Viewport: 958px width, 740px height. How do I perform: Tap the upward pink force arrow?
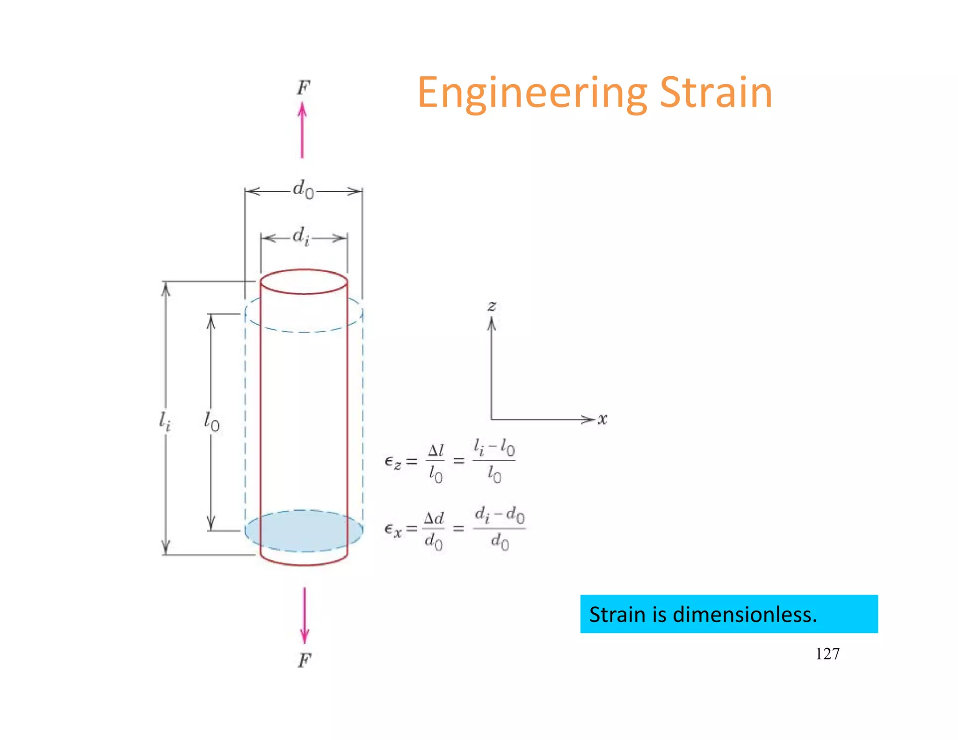click(x=302, y=131)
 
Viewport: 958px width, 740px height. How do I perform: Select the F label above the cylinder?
click(x=303, y=87)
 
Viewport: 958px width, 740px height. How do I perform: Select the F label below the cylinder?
click(x=304, y=660)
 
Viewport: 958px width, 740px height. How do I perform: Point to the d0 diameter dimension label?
click(x=303, y=189)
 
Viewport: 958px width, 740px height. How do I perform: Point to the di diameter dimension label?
click(x=301, y=236)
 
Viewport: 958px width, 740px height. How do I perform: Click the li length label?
click(x=165, y=421)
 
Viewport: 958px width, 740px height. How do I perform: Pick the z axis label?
click(x=492, y=306)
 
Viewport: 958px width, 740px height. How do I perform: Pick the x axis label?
click(x=602, y=419)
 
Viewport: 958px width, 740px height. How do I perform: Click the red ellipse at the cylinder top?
click(x=304, y=282)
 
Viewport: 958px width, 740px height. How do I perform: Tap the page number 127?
click(x=827, y=653)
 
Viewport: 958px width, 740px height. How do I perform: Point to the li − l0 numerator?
click(x=494, y=448)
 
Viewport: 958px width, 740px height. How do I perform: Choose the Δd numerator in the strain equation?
click(x=434, y=518)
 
